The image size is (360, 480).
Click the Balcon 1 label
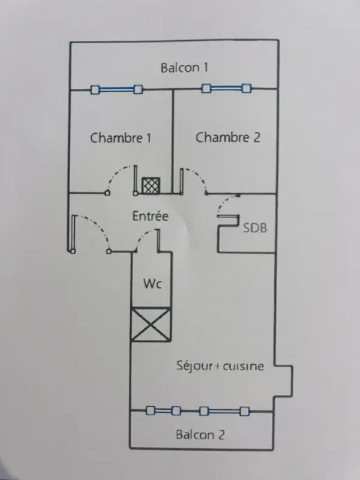(184, 67)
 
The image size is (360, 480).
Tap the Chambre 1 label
(121, 137)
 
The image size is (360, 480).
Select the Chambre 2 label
(228, 137)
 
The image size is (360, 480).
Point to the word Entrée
(150, 216)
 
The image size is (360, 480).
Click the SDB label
(255, 228)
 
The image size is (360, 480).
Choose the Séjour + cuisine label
(220, 365)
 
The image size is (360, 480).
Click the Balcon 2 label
(200, 434)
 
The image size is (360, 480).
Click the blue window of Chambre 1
(116, 90)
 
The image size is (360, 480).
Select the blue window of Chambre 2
(226, 89)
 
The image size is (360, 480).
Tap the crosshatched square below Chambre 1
(149, 185)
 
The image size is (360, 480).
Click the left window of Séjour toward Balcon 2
(164, 411)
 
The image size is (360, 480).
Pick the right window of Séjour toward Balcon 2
(224, 411)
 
